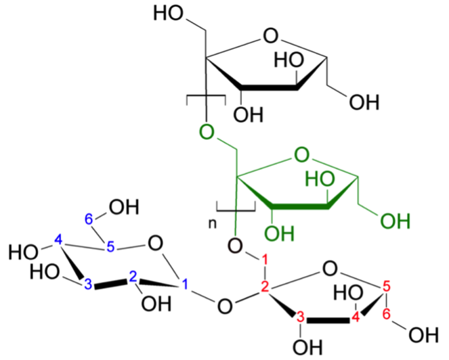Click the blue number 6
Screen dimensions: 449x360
coord(89,219)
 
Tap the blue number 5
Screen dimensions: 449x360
coord(111,247)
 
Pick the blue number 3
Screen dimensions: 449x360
coord(89,284)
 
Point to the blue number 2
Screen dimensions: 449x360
coord(133,277)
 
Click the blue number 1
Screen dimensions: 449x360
coord(185,284)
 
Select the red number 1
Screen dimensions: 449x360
coord(265,260)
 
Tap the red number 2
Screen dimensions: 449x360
coord(265,288)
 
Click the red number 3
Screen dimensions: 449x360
coord(300,317)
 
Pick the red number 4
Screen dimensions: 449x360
coord(355,317)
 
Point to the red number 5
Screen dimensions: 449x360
coord(387,287)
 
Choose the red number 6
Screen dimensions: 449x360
coord(387,314)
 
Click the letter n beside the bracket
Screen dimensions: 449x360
coord(213,224)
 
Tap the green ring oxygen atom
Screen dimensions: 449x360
coord(302,155)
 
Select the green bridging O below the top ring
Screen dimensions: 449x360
coord(207,132)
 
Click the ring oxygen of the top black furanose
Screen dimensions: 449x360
coord(271,36)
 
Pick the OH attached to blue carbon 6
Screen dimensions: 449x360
coord(124,207)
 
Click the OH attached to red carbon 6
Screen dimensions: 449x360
coord(423,335)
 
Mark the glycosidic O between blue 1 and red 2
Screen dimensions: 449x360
coord(225,306)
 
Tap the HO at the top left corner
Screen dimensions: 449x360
coord(168,13)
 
